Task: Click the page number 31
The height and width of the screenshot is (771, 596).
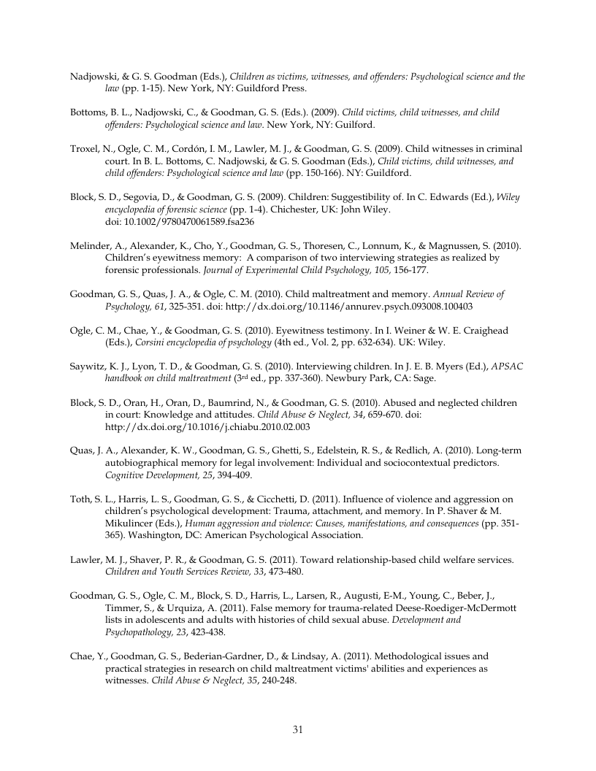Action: pos(297,729)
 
